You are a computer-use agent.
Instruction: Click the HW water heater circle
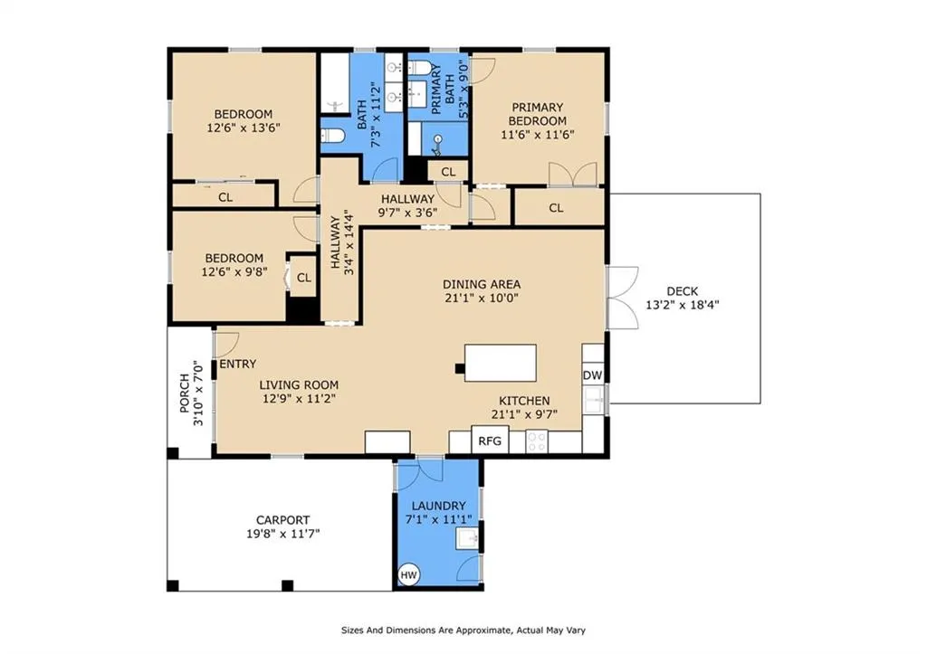[408, 574]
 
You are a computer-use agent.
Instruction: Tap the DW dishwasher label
[592, 375]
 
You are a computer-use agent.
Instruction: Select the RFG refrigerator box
[490, 440]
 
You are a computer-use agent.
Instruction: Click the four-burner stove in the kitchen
[537, 441]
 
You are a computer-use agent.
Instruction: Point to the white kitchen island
[500, 363]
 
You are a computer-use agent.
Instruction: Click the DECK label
[683, 291]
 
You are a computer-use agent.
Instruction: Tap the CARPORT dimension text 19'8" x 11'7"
[282, 534]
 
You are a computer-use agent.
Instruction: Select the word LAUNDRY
[439, 506]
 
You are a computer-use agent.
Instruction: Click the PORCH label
[185, 393]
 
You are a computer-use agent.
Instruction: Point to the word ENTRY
[238, 364]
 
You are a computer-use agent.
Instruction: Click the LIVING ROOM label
[299, 385]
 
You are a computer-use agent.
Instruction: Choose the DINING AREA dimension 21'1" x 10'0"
[482, 298]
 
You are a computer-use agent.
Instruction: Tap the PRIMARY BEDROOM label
[538, 114]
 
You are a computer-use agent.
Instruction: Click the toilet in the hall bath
[333, 137]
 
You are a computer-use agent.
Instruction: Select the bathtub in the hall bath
[335, 82]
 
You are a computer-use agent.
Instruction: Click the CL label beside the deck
[556, 208]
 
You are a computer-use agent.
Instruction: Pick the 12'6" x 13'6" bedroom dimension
[244, 128]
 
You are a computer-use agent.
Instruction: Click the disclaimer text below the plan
[463, 630]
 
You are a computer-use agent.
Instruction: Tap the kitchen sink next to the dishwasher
[594, 400]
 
